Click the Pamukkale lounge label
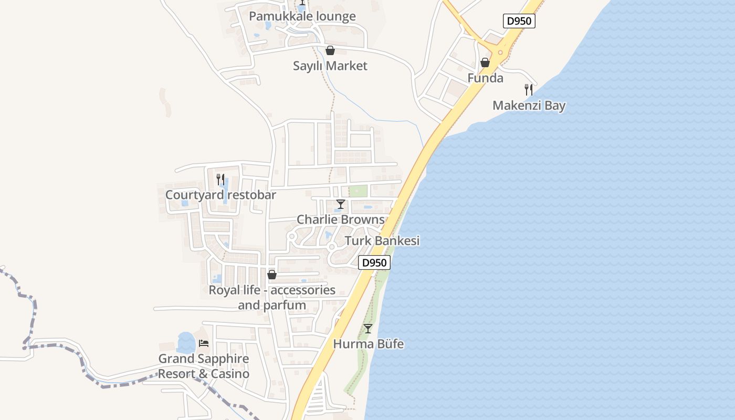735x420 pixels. (302, 16)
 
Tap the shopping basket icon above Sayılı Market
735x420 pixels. (330, 51)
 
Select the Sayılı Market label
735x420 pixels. (330, 66)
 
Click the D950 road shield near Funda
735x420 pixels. (519, 21)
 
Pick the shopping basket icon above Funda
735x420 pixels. (485, 62)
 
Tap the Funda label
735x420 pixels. (485, 78)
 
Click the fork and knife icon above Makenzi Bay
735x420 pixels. (529, 90)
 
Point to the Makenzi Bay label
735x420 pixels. (529, 106)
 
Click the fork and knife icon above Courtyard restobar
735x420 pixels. (220, 180)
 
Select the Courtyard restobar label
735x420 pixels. (220, 195)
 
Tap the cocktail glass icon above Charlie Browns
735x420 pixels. (341, 204)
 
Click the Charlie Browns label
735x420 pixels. (341, 219)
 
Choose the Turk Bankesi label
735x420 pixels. (382, 241)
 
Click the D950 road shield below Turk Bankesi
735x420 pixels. (374, 262)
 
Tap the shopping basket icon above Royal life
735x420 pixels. (272, 275)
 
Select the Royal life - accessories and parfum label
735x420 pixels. (272, 297)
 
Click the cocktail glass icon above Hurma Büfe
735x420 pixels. (368, 329)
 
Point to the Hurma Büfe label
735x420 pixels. (368, 344)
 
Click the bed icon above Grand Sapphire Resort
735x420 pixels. (204, 343)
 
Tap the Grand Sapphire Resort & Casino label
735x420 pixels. (204, 366)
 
